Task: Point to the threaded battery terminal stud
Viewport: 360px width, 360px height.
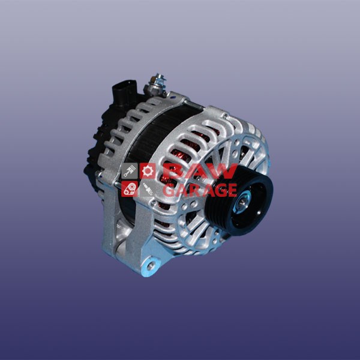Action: point(157,84)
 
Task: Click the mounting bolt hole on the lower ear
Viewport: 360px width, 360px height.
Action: point(151,266)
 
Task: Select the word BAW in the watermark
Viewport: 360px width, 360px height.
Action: point(200,171)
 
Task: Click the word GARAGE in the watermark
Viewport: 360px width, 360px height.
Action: point(200,190)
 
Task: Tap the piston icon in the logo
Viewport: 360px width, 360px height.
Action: point(130,171)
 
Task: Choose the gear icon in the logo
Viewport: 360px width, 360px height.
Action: point(148,171)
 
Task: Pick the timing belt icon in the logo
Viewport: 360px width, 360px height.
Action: point(130,189)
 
